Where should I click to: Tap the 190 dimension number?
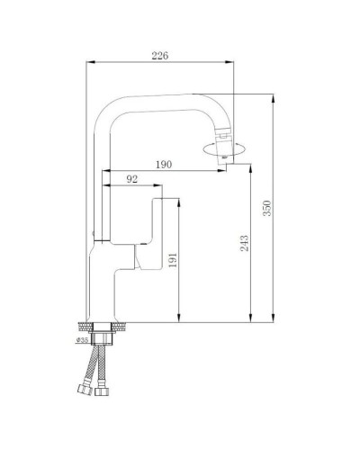click(165, 164)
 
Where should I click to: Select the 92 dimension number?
click(131, 180)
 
